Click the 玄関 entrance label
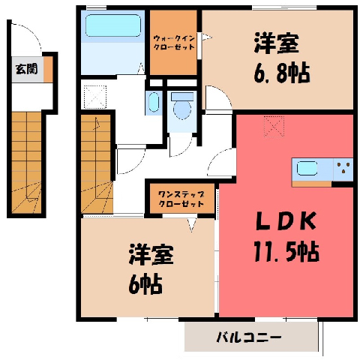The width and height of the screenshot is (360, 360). (26, 69)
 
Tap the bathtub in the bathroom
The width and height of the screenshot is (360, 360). (113, 25)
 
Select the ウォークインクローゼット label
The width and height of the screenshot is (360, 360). (174, 43)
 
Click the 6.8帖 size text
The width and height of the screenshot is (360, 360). (282, 73)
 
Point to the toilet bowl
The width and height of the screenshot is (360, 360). (182, 106)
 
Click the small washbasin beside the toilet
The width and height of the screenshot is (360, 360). (154, 102)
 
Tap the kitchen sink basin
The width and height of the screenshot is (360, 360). (307, 168)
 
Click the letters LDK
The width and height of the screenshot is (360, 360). (286, 220)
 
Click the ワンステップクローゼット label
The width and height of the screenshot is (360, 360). (181, 199)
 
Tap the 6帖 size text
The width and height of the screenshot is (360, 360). (145, 284)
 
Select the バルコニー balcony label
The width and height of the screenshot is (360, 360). (249, 337)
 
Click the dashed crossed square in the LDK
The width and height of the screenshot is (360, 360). (274, 127)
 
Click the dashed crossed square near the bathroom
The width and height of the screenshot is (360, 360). (95, 97)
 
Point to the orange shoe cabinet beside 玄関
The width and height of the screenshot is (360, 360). (49, 69)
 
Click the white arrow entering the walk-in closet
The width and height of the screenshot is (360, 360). (206, 37)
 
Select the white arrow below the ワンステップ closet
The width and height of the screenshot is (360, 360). (192, 224)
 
